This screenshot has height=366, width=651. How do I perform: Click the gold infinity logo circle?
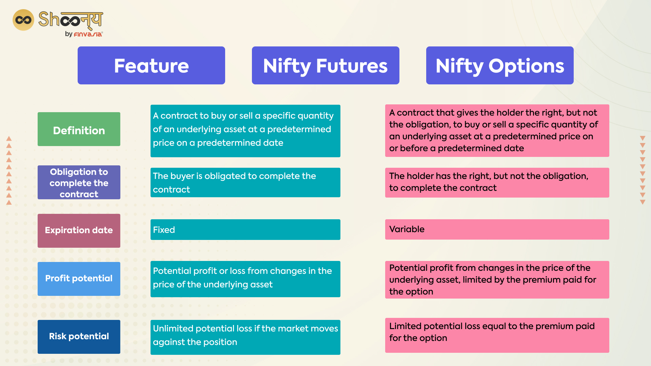[x=23, y=20]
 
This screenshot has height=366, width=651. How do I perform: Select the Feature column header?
[x=151, y=65]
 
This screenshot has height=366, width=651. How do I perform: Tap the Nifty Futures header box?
[x=325, y=65]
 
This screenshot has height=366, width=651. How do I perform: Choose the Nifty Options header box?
[x=500, y=65]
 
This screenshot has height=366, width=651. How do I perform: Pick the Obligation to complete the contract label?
[x=79, y=182]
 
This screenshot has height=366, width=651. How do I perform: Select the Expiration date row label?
[x=79, y=230]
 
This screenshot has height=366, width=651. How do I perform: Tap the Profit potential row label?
[x=79, y=279]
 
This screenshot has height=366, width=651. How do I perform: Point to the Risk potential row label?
[x=79, y=337]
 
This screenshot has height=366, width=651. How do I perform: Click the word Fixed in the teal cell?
[x=164, y=230]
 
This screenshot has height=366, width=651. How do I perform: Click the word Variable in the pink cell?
[x=407, y=229]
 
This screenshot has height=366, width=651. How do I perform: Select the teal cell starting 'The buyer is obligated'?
[x=245, y=182]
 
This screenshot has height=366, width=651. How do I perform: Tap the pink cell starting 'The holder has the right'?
[x=497, y=182]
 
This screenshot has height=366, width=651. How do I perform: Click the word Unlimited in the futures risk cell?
[x=173, y=328]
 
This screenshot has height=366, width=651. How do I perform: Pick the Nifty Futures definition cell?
[x=245, y=131]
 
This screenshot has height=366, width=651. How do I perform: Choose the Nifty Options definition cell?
[x=497, y=130]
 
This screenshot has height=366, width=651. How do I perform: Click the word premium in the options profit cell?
[x=541, y=280]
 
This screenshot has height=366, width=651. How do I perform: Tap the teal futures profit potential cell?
[x=245, y=279]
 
